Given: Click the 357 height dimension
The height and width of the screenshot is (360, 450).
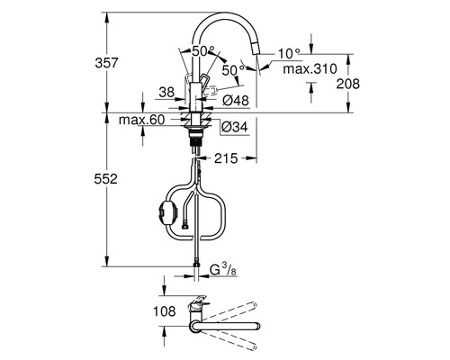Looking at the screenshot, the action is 107,63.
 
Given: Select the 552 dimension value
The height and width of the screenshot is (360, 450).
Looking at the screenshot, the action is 105,179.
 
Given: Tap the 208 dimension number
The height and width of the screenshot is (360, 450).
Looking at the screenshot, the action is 347,84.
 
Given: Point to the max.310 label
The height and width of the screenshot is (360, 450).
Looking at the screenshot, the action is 310,69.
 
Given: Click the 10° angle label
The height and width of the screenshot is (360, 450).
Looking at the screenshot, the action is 289,54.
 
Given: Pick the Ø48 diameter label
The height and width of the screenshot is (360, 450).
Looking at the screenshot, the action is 236,101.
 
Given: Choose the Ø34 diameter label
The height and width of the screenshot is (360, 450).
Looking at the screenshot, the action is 235,127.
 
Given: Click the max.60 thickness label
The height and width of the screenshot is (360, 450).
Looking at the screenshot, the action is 141,120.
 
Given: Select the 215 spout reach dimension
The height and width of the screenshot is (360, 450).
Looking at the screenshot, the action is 226,158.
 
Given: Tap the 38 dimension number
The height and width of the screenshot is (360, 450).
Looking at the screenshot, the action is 166,93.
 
